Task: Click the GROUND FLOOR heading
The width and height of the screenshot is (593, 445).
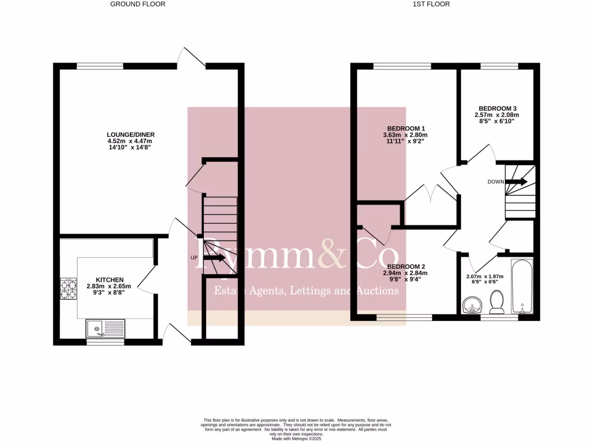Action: [x=138, y=4]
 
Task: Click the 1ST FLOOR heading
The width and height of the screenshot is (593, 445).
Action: [x=431, y=4]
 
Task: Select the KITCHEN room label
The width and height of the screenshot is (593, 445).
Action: [x=109, y=280]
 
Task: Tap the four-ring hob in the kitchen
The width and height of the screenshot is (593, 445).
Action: [x=69, y=289]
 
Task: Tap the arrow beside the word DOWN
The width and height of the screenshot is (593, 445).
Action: [x=517, y=181]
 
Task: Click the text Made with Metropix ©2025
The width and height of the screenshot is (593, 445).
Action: [x=295, y=438]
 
